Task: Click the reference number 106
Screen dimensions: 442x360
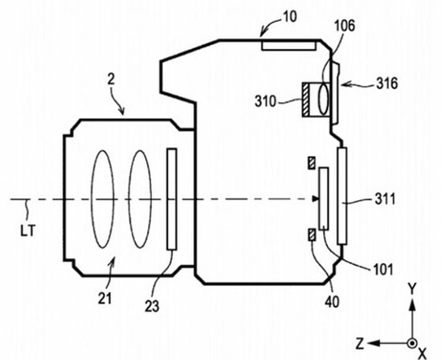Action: (x=344, y=27)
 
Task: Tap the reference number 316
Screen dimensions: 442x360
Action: (x=387, y=84)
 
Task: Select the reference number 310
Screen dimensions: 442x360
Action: (x=265, y=101)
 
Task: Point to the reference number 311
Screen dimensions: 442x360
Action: (x=385, y=200)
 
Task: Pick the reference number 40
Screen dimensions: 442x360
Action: (x=332, y=302)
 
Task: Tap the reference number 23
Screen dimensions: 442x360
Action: (x=152, y=306)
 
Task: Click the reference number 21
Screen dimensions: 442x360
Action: (x=104, y=298)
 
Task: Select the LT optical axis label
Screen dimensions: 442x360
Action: (x=27, y=231)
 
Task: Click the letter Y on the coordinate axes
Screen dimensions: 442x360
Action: (x=412, y=289)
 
